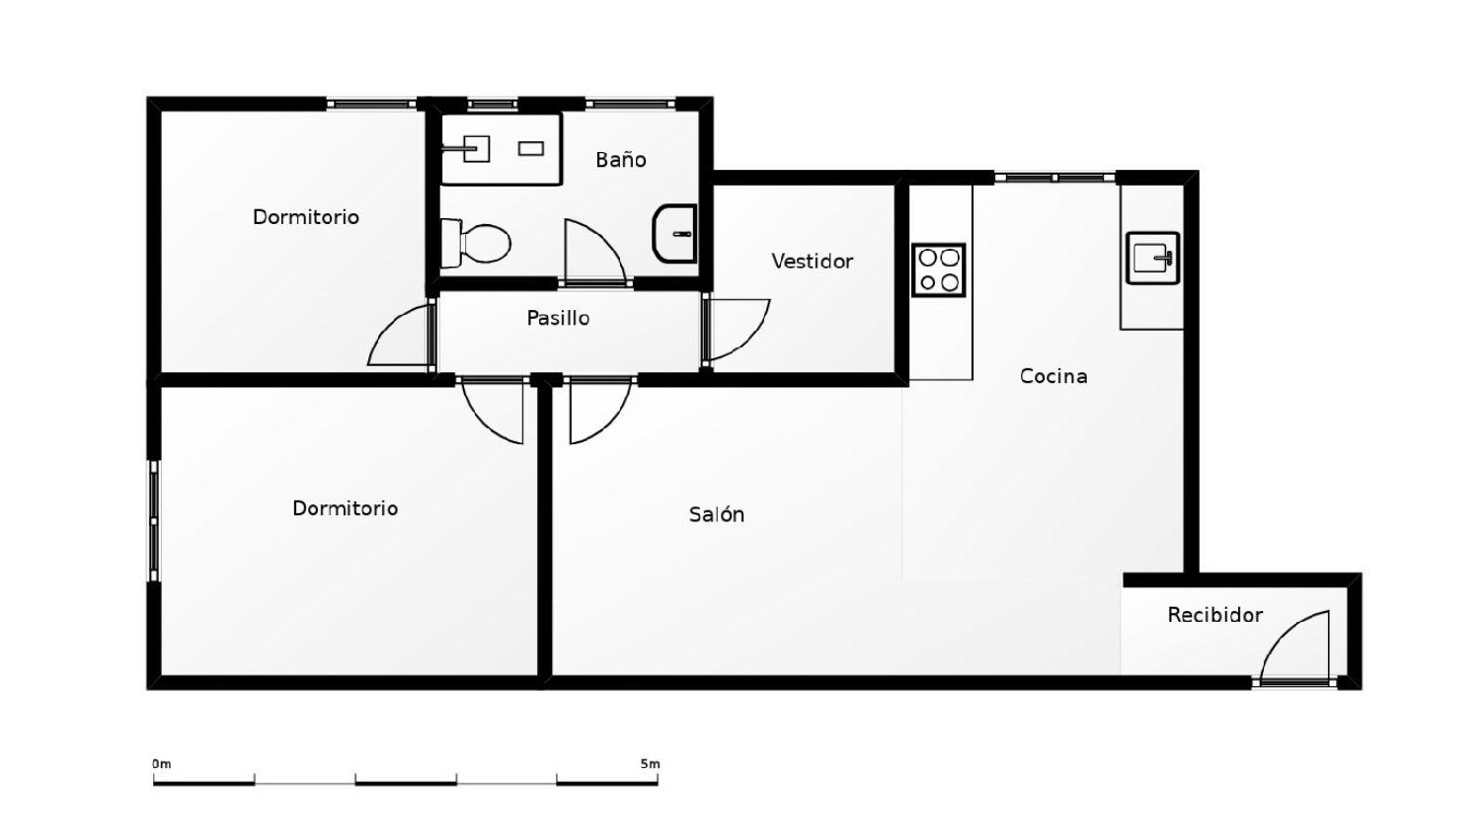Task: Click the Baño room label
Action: (620, 160)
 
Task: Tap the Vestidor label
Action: (812, 262)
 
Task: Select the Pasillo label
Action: (558, 318)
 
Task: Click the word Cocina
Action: (1053, 376)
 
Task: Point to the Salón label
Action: (717, 514)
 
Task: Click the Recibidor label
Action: (1214, 615)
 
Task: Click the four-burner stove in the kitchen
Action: (938, 270)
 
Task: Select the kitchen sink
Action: (1152, 259)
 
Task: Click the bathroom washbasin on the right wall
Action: (675, 234)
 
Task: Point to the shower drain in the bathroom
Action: (531, 149)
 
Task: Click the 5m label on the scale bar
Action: (649, 764)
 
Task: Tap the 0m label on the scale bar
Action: (161, 764)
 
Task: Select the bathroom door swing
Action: (591, 253)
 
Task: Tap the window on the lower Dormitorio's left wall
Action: (154, 520)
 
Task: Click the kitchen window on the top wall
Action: (1054, 178)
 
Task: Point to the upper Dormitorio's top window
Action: (371, 104)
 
